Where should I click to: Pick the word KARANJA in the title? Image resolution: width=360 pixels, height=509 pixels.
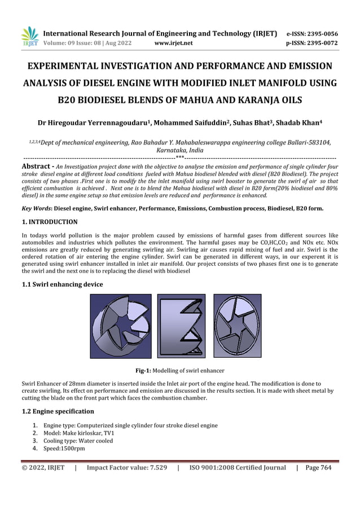[244, 101]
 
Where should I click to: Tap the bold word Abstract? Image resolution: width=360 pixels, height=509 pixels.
[37, 166]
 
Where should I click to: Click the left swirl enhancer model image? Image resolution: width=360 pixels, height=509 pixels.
[121, 326]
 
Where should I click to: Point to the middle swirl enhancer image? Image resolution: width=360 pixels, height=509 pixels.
[181, 326]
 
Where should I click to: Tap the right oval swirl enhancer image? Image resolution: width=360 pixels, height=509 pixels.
[237, 326]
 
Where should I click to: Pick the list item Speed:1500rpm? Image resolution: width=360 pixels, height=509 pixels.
[64, 449]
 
